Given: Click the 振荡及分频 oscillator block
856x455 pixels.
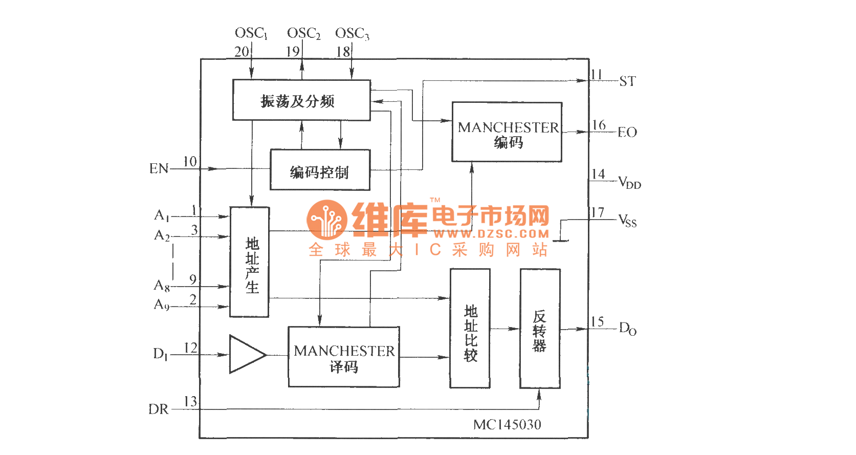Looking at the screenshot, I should click(301, 100).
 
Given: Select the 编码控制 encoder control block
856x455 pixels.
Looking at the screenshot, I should click(320, 170).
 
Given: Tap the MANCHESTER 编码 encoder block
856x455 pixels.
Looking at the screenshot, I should click(507, 133).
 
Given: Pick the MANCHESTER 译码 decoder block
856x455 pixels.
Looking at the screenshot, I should click(344, 357).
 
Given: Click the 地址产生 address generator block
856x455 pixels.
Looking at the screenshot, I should click(250, 263).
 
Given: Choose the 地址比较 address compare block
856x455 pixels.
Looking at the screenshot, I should click(470, 329).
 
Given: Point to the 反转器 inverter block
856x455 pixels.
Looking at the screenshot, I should click(540, 329).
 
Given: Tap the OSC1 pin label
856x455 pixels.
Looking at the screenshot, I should click(251, 33).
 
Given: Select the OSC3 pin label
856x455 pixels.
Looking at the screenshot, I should click(352, 34).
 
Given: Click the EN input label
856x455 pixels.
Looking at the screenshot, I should click(159, 169).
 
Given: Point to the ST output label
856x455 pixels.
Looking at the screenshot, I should click(628, 81).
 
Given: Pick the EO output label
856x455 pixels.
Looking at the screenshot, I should click(627, 133).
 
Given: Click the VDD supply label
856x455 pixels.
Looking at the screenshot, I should click(629, 183).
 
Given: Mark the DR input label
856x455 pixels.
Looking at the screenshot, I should click(159, 409).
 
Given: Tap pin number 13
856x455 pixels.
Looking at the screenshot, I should click(190, 402).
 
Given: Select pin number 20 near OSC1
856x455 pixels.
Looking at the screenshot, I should click(242, 52).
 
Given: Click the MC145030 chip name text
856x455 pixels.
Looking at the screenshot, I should click(507, 425).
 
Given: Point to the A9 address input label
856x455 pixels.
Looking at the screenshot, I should click(162, 305).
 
